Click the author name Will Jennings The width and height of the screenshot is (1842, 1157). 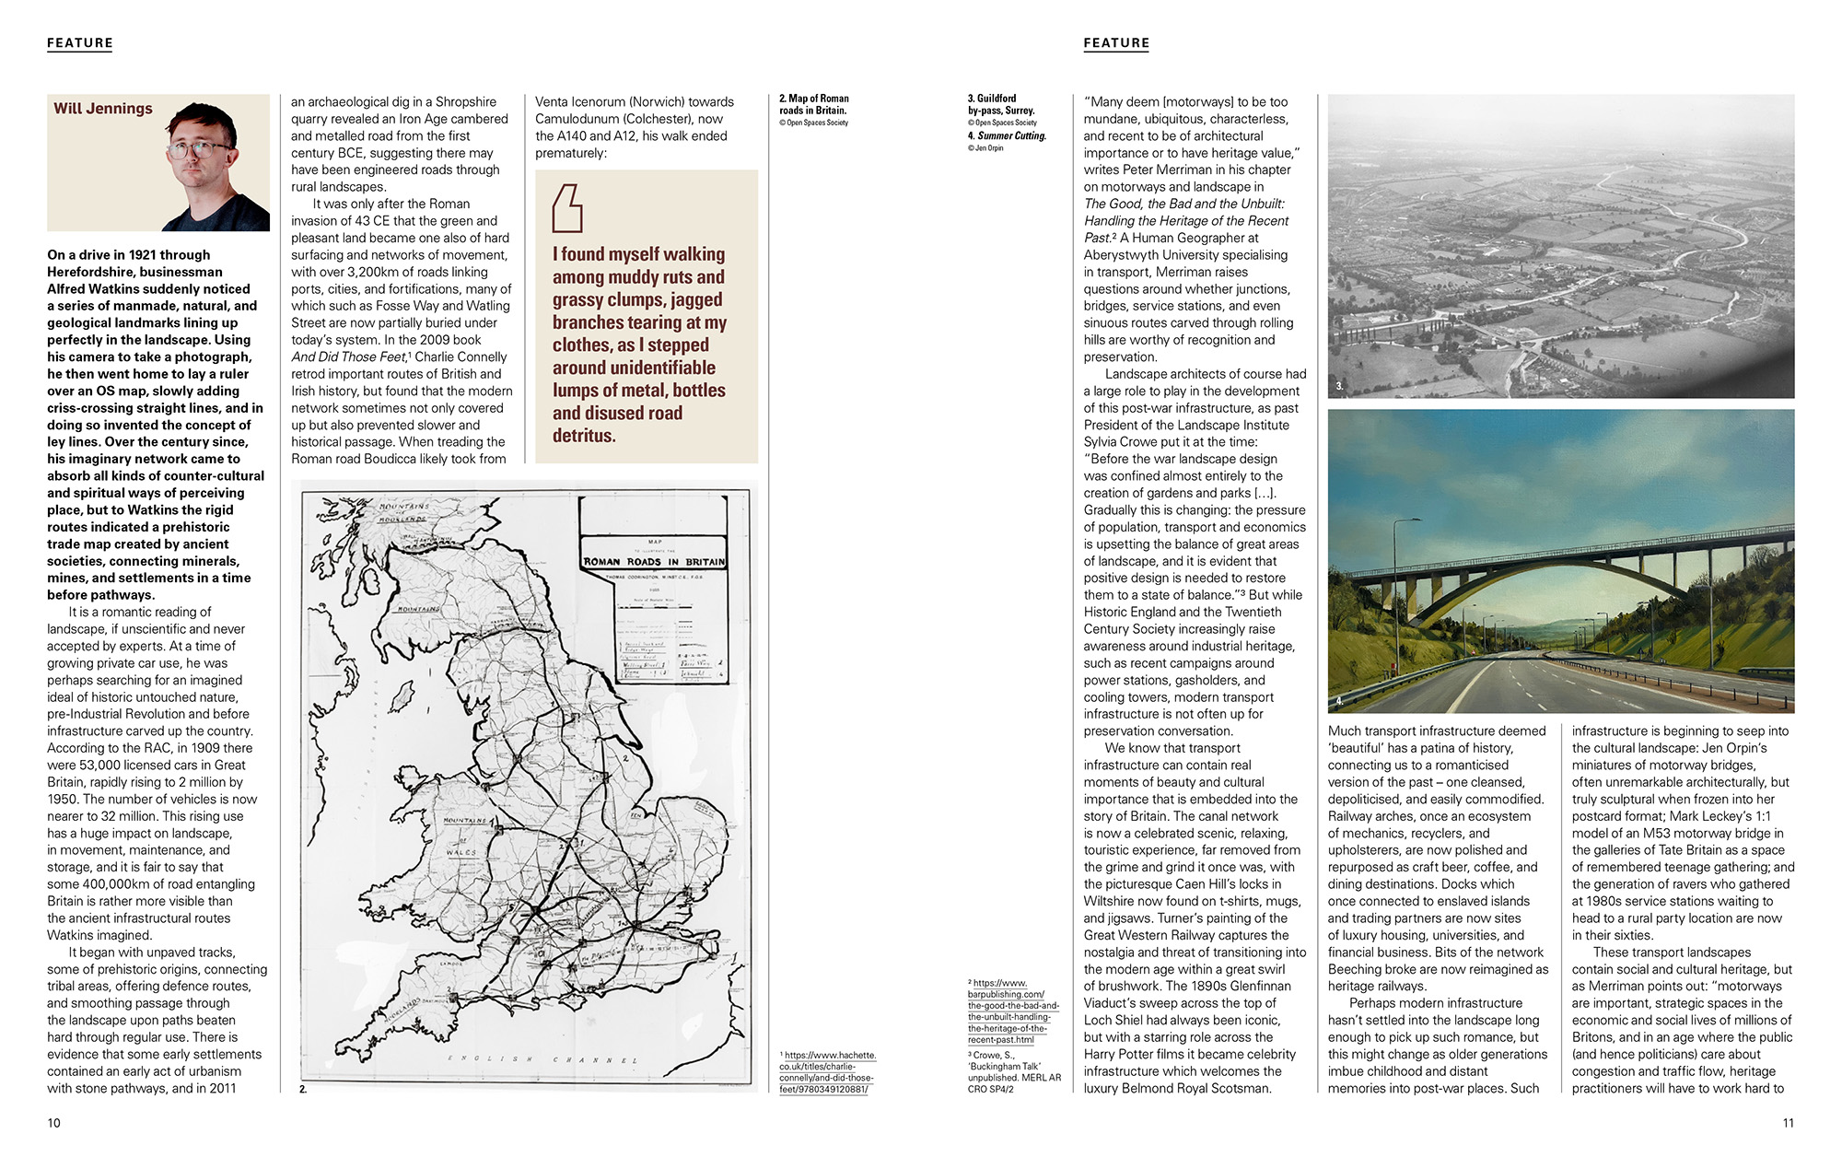[103, 109]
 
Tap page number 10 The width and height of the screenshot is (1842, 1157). [53, 1123]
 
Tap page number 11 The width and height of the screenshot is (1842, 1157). [1788, 1123]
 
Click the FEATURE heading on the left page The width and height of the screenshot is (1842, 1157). [80, 43]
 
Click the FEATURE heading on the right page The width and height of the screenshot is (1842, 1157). [1116, 43]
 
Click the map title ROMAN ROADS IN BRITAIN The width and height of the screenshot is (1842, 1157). [654, 561]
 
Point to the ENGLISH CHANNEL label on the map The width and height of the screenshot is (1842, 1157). [542, 1059]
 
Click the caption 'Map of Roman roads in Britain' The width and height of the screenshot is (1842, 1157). [814, 104]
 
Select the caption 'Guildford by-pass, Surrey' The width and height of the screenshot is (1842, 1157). [1000, 104]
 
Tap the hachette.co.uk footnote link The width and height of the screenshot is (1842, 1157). [828, 1072]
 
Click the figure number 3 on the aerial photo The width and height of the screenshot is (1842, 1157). [1339, 386]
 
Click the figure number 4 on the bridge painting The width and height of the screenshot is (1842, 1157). [1339, 701]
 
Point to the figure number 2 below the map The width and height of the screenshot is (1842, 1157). [303, 1089]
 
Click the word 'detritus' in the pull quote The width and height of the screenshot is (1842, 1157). [584, 436]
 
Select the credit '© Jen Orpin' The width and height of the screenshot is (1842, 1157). [985, 148]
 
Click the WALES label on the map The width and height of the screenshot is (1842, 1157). [461, 852]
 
